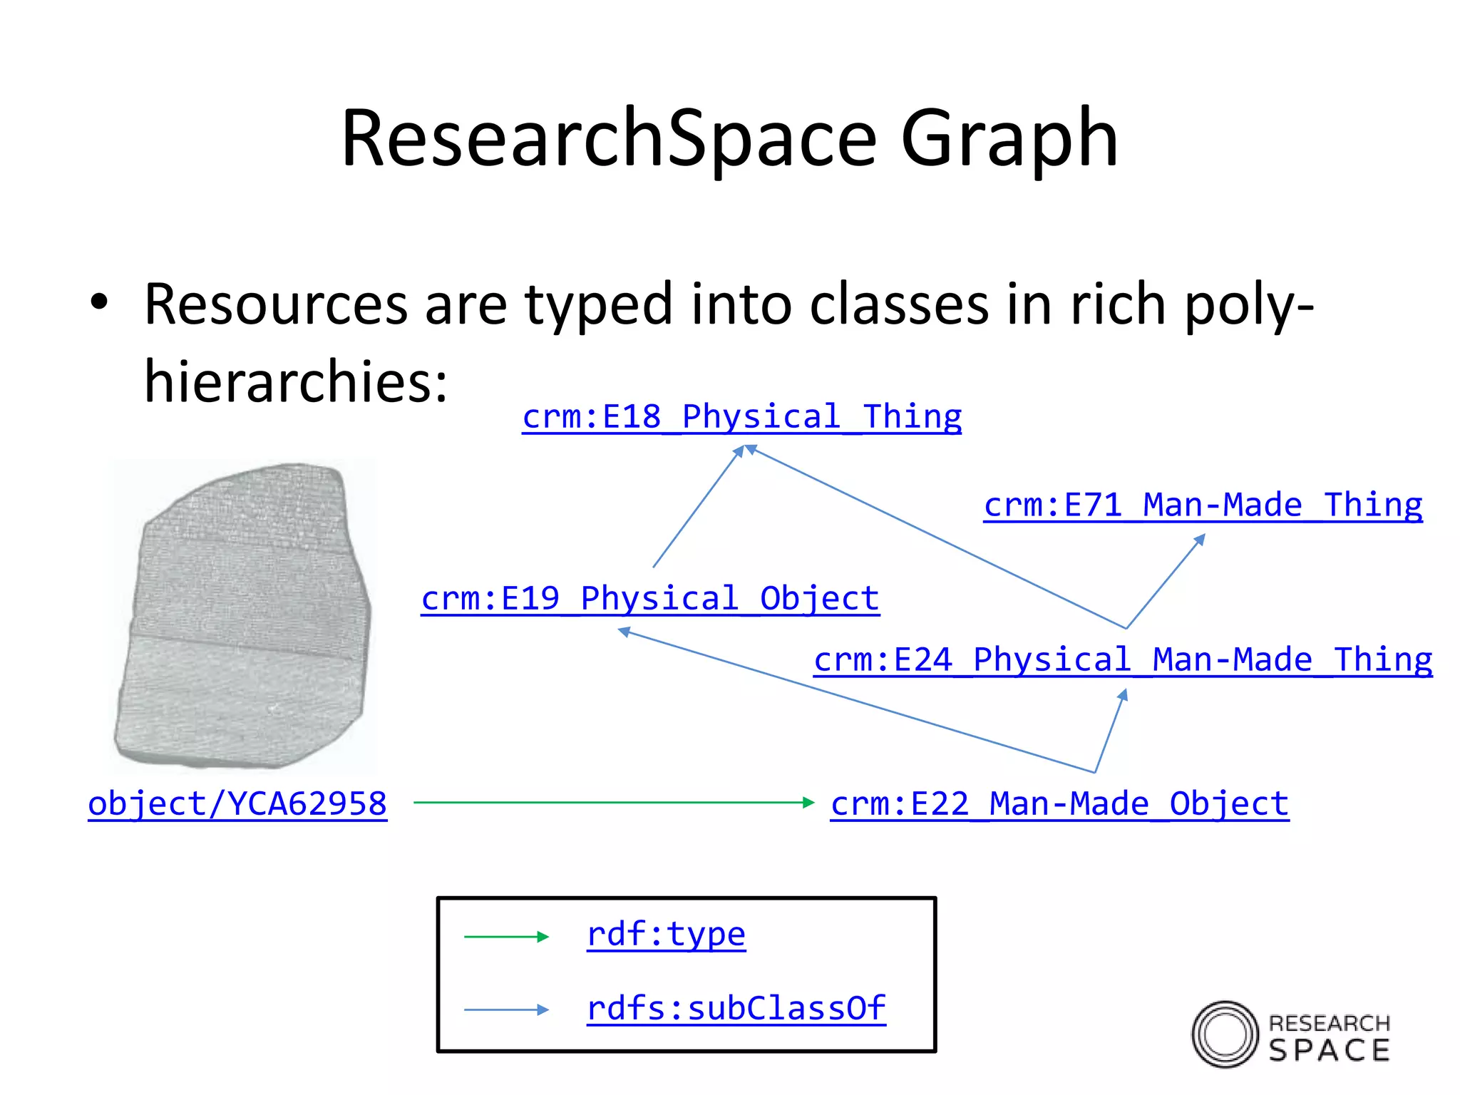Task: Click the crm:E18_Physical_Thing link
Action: coord(741,417)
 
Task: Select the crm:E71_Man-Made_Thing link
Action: coord(1203,505)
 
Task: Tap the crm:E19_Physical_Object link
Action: coord(649,599)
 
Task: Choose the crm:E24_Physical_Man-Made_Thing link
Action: coord(1123,660)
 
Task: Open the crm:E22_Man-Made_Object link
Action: coord(1059,804)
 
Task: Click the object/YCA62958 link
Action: coord(237,804)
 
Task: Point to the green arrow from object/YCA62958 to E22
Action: coord(613,803)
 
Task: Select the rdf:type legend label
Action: coord(666,935)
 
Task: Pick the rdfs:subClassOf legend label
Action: coord(736,1009)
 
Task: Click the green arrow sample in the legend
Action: coord(506,937)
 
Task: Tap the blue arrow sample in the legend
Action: coord(506,1009)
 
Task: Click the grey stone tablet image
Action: coord(242,617)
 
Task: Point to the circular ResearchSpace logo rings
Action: coord(1225,1034)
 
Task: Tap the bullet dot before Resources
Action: coord(99,302)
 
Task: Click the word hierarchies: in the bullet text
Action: coord(296,381)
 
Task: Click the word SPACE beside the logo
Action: coord(1330,1050)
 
